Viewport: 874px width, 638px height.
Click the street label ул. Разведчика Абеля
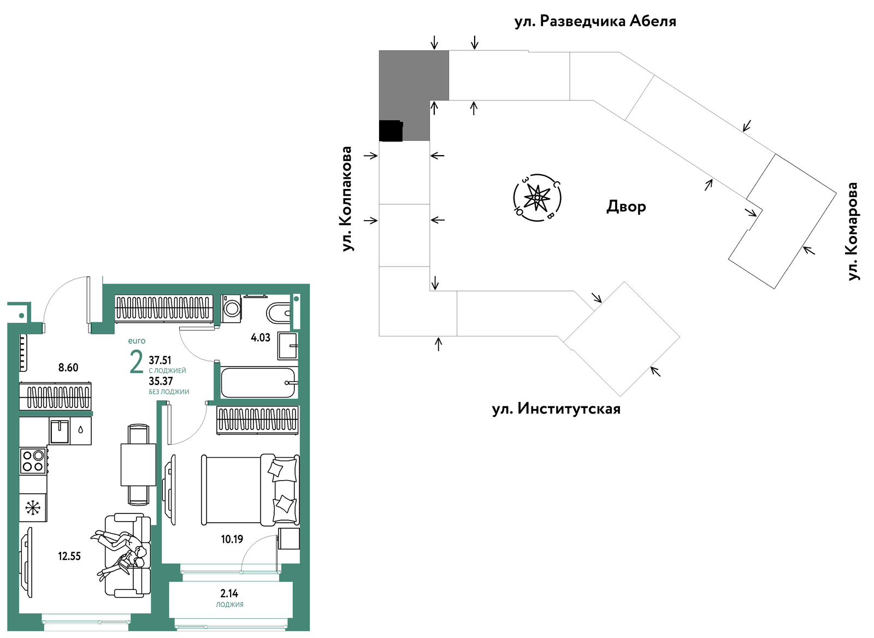(595, 21)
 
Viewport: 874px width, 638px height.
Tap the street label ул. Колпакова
(346, 199)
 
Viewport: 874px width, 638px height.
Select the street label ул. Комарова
(853, 232)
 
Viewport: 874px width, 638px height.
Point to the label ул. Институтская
(556, 409)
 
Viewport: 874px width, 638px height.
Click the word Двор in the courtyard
(626, 206)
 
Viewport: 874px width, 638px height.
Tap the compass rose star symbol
(537, 198)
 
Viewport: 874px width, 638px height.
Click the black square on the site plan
(391, 131)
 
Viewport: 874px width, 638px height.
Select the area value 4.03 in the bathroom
(260, 338)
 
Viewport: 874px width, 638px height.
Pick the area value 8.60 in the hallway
(68, 367)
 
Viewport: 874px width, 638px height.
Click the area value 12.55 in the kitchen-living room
(69, 556)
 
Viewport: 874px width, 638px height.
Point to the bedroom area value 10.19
(232, 539)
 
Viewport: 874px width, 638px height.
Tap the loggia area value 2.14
(229, 594)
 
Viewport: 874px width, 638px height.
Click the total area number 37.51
(160, 360)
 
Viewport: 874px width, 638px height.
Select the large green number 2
(137, 362)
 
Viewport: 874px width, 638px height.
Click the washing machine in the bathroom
(232, 308)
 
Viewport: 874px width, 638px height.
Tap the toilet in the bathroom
(279, 312)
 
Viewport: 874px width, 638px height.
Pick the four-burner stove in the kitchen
(33, 461)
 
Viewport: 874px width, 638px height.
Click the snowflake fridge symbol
(33, 507)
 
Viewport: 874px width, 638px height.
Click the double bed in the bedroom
(250, 489)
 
